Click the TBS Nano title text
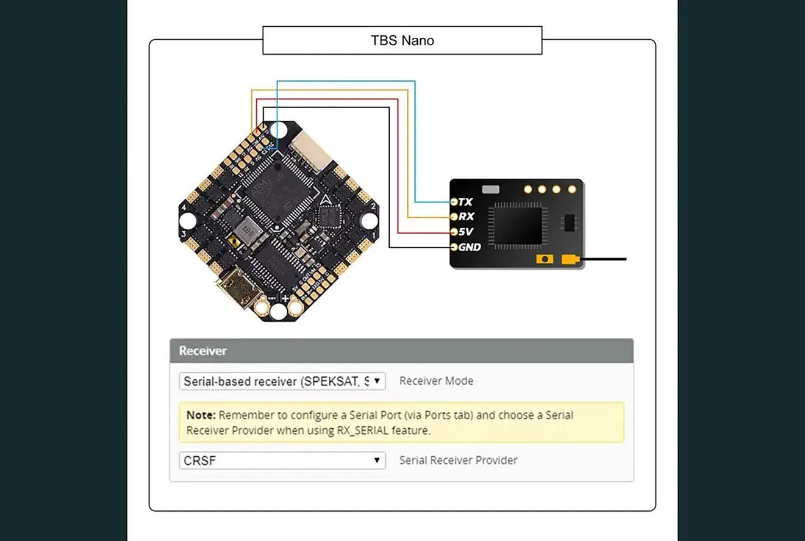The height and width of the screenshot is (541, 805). [x=402, y=41]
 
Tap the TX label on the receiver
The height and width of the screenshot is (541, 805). [x=465, y=201]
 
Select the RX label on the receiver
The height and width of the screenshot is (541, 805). [x=466, y=217]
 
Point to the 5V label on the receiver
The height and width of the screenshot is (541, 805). [x=466, y=232]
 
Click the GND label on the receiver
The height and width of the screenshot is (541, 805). [x=470, y=247]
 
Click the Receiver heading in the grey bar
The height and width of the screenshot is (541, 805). [x=202, y=351]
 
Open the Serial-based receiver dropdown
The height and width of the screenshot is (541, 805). [x=282, y=381]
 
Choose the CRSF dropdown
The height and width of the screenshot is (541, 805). [x=282, y=460]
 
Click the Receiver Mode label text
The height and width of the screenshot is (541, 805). [x=436, y=381]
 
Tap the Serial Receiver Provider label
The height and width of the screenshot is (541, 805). [x=458, y=460]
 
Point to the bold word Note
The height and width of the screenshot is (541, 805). [x=201, y=415]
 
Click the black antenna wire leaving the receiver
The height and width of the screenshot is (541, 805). [x=604, y=259]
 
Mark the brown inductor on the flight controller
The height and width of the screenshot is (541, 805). [x=247, y=231]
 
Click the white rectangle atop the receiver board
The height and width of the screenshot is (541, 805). [x=490, y=189]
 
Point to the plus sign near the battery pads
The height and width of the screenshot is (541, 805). [x=285, y=298]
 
